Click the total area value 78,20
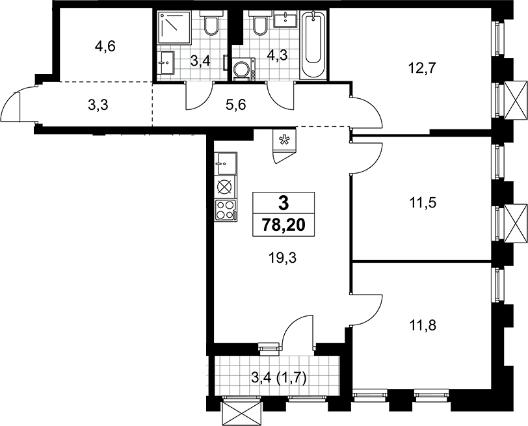[284, 224]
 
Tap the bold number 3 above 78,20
[284, 203]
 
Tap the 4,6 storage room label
[105, 47]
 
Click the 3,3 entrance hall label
[98, 105]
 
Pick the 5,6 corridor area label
[236, 105]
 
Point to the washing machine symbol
[243, 69]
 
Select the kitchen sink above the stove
[226, 164]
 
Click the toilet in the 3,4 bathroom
[211, 23]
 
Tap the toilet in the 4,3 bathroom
[260, 23]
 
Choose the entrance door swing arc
[10, 101]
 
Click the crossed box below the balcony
[242, 410]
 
